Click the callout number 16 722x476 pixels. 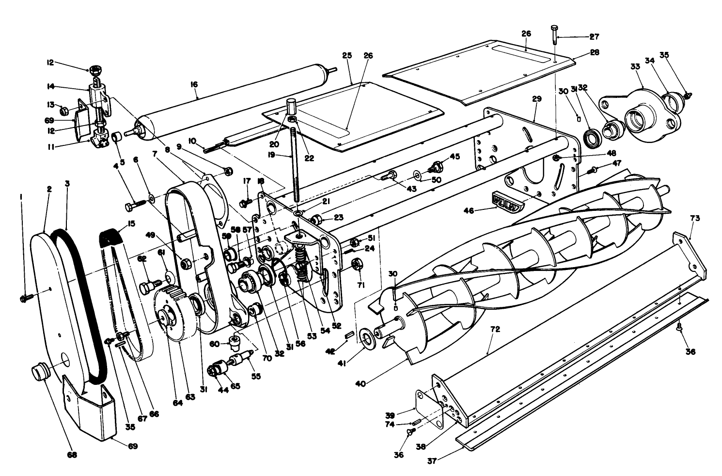[194, 84]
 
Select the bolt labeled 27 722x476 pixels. [554, 36]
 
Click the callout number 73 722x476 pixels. [695, 219]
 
